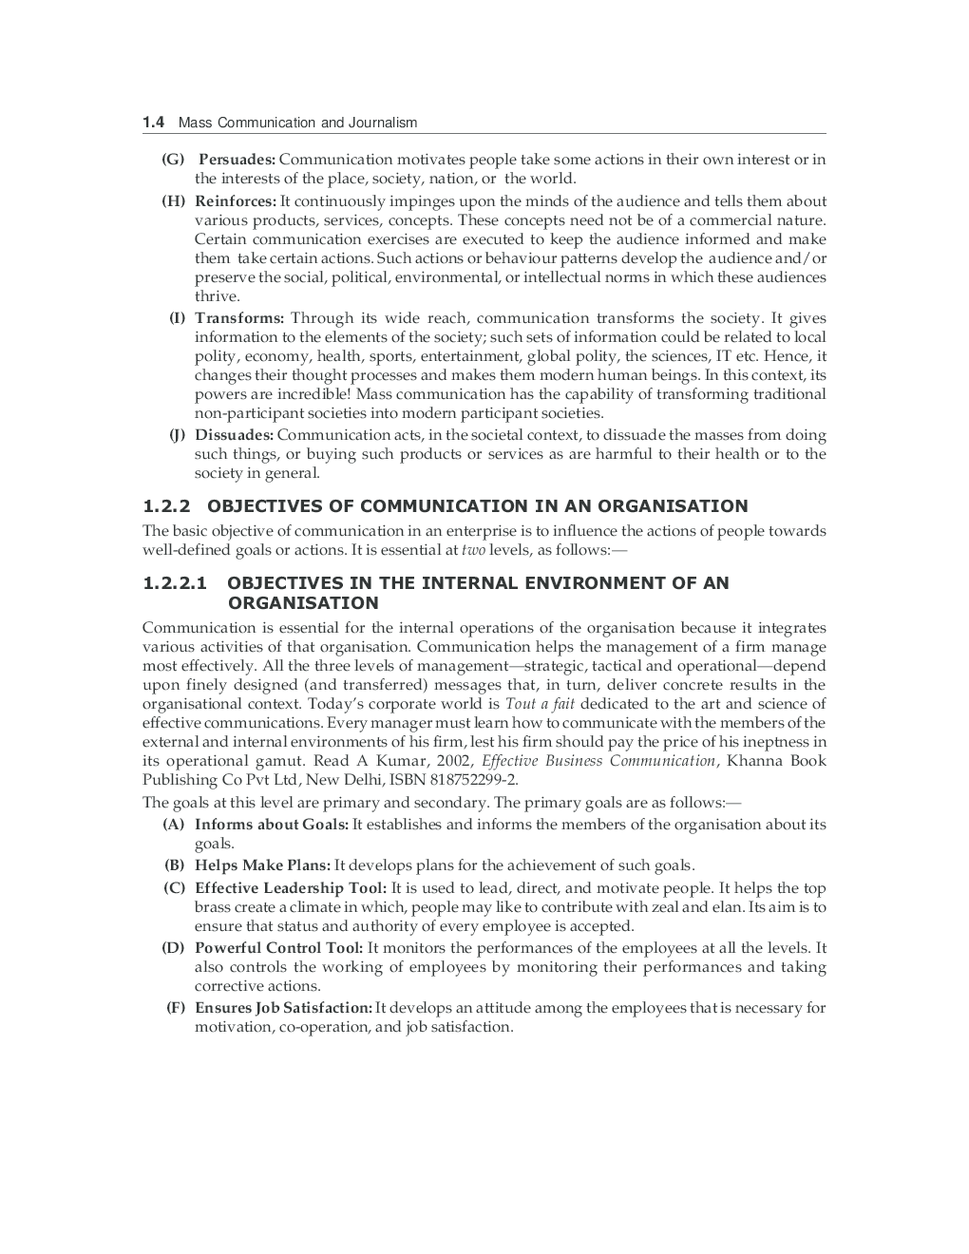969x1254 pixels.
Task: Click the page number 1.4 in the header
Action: pyautogui.click(x=154, y=123)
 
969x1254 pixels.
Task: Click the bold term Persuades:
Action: pyautogui.click(x=237, y=160)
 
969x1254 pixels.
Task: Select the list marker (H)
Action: pyautogui.click(x=173, y=201)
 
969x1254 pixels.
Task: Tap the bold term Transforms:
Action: pyautogui.click(x=239, y=318)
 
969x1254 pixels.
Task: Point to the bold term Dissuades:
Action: pyautogui.click(x=235, y=435)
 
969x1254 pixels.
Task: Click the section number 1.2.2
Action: pyautogui.click(x=167, y=506)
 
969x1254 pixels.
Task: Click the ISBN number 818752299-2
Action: pyautogui.click(x=467, y=780)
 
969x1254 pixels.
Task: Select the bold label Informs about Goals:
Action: pyautogui.click(x=272, y=825)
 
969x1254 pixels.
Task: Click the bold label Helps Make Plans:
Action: pyautogui.click(x=262, y=865)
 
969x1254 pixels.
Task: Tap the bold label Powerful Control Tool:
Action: pyautogui.click(x=279, y=948)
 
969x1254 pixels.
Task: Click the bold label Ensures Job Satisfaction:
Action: pyautogui.click(x=283, y=1008)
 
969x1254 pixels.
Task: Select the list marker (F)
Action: pyautogui.click(x=175, y=1008)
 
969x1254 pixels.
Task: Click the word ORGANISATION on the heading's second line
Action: pyautogui.click(x=302, y=603)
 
